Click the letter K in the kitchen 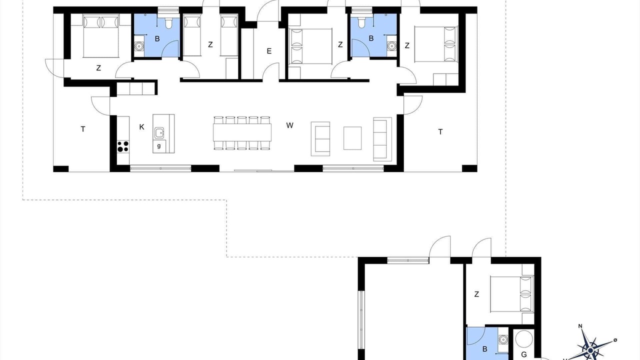141,127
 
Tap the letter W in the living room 289,125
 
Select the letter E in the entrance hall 269,51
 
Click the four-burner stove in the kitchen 123,146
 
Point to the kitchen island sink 159,133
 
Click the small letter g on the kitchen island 159,146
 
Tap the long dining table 242,132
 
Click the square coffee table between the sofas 352,138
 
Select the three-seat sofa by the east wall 382,139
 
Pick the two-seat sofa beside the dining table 320,139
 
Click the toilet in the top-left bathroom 168,23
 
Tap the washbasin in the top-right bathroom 391,45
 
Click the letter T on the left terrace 83,129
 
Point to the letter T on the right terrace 440,132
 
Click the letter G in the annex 523,354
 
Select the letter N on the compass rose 580,326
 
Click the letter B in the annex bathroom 484,349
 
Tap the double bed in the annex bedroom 511,293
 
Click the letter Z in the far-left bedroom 98,68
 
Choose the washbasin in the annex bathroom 503,339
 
